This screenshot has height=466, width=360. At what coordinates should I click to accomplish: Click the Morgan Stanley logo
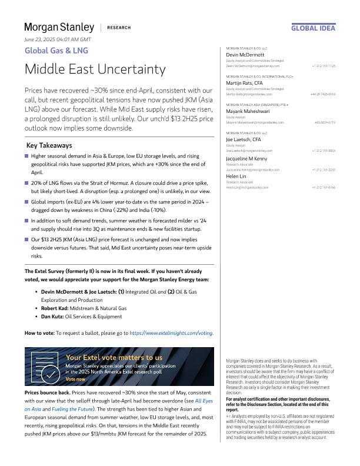(x=59, y=27)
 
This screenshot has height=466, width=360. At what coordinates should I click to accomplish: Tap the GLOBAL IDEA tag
(x=314, y=28)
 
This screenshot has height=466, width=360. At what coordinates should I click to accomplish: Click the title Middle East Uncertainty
(x=95, y=69)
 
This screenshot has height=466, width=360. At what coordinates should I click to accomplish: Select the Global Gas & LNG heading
(x=56, y=51)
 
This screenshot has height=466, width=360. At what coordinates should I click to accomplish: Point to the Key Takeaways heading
(x=49, y=145)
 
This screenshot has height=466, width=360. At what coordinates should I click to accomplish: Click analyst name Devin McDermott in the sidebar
(x=245, y=55)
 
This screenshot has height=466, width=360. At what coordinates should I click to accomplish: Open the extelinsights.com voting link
(x=171, y=333)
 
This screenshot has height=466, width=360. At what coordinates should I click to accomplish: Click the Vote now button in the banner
(x=75, y=379)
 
